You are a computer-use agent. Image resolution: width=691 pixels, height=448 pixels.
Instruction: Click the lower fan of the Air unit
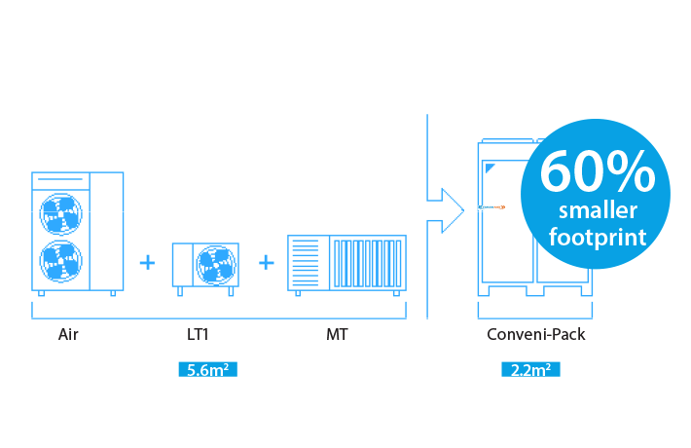tap(60, 262)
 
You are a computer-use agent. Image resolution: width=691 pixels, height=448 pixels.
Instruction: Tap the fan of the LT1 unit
tap(216, 264)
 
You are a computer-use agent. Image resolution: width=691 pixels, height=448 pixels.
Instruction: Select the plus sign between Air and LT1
tap(147, 262)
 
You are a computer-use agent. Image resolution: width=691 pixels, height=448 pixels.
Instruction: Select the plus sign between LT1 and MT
tap(266, 262)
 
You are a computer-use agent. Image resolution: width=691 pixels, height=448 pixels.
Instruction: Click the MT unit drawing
tap(346, 263)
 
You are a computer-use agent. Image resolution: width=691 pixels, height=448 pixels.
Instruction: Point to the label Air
tap(68, 335)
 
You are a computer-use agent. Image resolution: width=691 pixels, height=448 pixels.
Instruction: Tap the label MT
tap(337, 335)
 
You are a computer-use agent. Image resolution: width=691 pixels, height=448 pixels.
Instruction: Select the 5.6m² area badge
tap(209, 370)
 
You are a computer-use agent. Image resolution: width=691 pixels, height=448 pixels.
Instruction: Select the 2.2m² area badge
tap(532, 370)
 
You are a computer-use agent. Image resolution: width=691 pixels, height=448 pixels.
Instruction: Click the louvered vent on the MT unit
tap(305, 263)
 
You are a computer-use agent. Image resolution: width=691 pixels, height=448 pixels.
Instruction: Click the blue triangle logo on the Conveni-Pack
tap(503, 167)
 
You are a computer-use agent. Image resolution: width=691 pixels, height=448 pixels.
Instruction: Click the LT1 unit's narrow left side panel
tap(181, 264)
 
